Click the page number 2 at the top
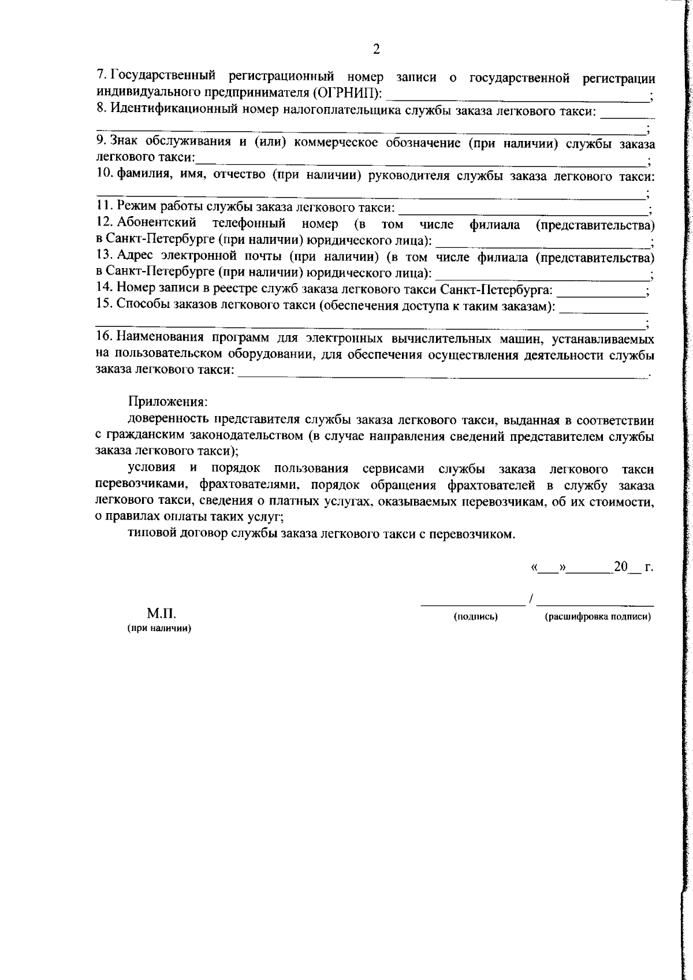pyautogui.click(x=377, y=49)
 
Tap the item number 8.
pyautogui.click(x=100, y=108)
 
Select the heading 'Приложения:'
pyautogui.click(x=167, y=402)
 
